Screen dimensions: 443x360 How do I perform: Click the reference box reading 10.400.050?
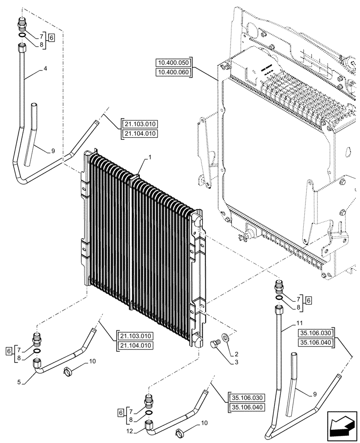click(173, 63)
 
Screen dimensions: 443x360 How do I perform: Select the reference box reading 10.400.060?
click(173, 73)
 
